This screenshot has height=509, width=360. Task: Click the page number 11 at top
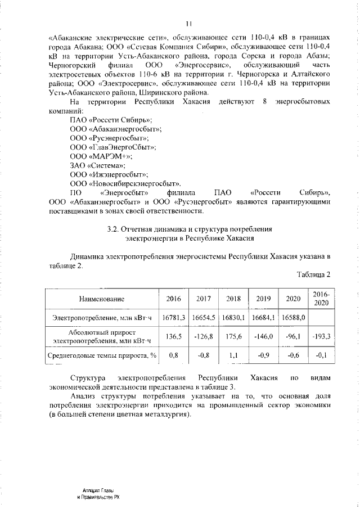point(190,23)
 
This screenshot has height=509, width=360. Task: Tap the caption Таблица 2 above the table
point(313,274)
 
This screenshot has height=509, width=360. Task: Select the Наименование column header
point(102,299)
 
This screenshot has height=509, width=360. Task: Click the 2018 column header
point(233,299)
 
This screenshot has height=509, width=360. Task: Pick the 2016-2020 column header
point(321,298)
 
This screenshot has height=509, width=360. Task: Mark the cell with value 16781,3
point(174,318)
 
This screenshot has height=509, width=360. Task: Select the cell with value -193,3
point(321,336)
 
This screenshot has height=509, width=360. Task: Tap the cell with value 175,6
point(233,336)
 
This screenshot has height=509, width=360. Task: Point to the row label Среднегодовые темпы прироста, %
point(102,355)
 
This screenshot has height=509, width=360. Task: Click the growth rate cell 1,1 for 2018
point(233,355)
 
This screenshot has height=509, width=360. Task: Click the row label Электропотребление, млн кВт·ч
point(102,318)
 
